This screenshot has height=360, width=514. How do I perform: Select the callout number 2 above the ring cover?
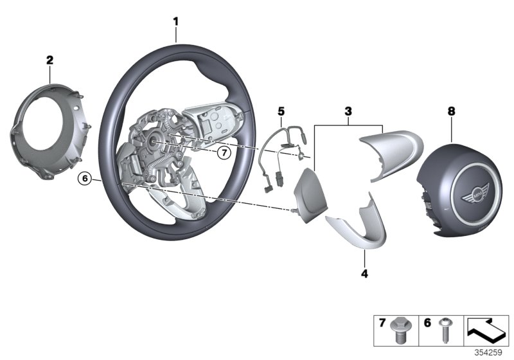pyautogui.click(x=49, y=60)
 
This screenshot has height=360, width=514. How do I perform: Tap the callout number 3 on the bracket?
pyautogui.click(x=348, y=111)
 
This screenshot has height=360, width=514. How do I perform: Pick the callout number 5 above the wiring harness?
pyautogui.click(x=280, y=111)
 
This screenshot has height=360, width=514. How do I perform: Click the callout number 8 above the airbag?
pyautogui.click(x=450, y=111)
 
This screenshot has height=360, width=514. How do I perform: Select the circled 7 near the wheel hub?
pyautogui.click(x=223, y=153)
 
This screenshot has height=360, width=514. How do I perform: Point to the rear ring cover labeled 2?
pyautogui.click(x=49, y=125)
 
